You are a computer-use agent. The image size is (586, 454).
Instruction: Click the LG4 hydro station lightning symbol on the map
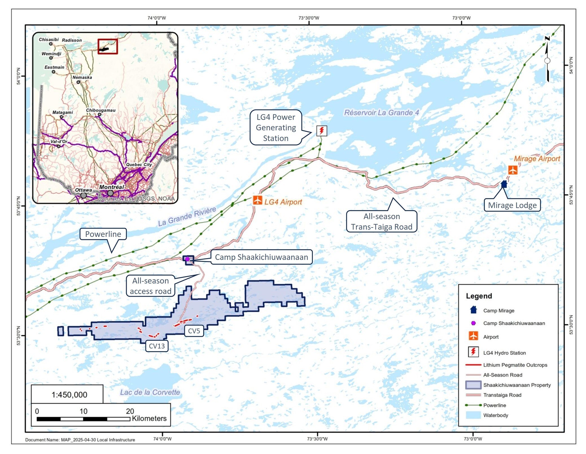pos(322,131)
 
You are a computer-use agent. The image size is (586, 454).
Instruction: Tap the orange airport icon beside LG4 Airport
pos(257,200)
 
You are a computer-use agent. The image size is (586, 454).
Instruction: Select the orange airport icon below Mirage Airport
pos(513,170)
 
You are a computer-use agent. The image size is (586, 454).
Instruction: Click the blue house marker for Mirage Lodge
pos(504,184)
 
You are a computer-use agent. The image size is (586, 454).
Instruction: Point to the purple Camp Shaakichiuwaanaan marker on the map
pos(187,259)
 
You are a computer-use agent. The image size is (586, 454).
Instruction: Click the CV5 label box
pos(194,331)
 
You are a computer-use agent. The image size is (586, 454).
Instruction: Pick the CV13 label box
pos(157,346)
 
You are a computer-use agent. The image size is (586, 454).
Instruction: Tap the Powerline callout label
pos(103,234)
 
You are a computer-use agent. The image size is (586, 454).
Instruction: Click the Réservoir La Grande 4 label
pos(381,113)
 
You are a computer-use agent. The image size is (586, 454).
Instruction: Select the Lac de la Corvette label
pos(150,392)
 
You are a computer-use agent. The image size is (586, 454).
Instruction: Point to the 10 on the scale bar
pos(83,411)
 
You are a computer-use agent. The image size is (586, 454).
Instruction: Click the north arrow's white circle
pos(547,61)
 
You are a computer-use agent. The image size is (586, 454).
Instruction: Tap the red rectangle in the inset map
pos(108,46)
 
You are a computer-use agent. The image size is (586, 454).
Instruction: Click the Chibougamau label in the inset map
pos(100,110)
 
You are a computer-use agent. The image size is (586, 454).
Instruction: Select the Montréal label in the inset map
pos(111,187)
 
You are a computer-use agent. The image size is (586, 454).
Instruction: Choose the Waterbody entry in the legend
pos(495,415)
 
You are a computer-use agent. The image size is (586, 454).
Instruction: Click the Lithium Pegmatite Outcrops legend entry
pos(515,365)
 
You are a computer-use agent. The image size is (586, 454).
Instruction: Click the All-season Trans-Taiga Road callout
pos(381,221)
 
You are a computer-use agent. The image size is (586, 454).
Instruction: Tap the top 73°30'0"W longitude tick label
pos(309,18)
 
